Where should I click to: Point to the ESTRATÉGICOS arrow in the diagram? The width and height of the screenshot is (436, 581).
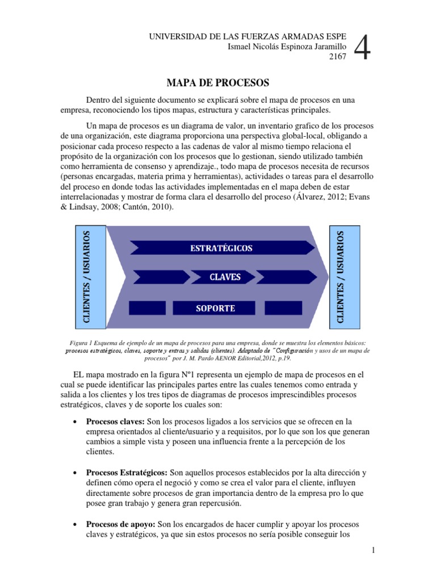pyautogui.click(x=221, y=248)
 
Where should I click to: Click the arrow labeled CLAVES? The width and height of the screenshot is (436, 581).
pyautogui.click(x=225, y=277)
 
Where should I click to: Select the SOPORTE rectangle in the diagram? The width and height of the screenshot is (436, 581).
pyautogui.click(x=215, y=308)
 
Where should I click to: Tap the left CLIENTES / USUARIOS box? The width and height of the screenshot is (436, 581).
pyautogui.click(x=90, y=277)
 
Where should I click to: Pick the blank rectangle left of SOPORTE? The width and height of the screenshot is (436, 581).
pyautogui.click(x=148, y=308)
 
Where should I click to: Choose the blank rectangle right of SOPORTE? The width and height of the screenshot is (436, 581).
pyautogui.click(x=283, y=308)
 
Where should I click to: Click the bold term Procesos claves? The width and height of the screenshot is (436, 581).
pyautogui.click(x=115, y=422)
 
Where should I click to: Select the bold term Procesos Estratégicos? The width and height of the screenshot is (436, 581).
pyautogui.click(x=126, y=473)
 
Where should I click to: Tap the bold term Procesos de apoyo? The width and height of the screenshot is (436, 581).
pyautogui.click(x=121, y=524)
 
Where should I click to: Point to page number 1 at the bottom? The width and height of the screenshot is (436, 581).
pyautogui.click(x=374, y=550)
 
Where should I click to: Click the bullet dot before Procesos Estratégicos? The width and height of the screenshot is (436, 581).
pyautogui.click(x=76, y=473)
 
